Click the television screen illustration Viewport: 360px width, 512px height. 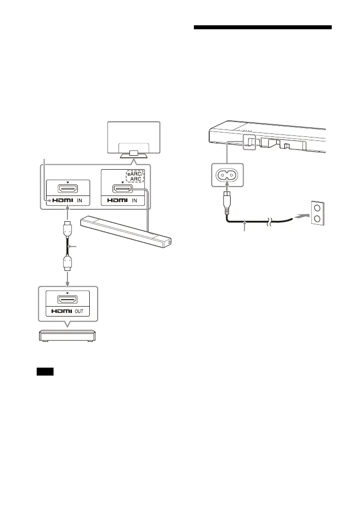point(134,135)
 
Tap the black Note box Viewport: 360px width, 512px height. point(45,372)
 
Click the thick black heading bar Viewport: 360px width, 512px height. point(262,27)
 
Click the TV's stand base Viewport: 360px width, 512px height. point(134,154)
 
